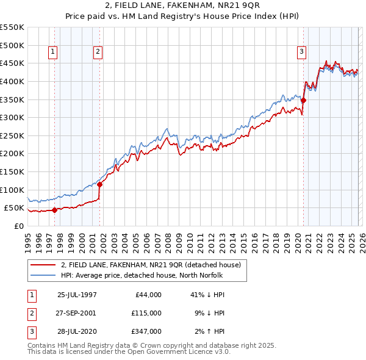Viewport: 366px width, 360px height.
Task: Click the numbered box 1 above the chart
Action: (x=54, y=52)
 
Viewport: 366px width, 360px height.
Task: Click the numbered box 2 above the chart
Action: (x=98, y=52)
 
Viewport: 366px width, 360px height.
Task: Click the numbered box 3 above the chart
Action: (x=301, y=52)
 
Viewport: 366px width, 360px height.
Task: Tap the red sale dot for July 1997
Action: (x=54, y=210)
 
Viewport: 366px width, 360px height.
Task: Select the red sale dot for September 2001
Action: (x=99, y=184)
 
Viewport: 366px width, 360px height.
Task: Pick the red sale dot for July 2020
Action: (x=303, y=101)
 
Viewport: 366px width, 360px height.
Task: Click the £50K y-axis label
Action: (x=14, y=208)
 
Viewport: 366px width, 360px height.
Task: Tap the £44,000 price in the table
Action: (x=147, y=294)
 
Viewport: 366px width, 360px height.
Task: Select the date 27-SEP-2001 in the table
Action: (x=77, y=312)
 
